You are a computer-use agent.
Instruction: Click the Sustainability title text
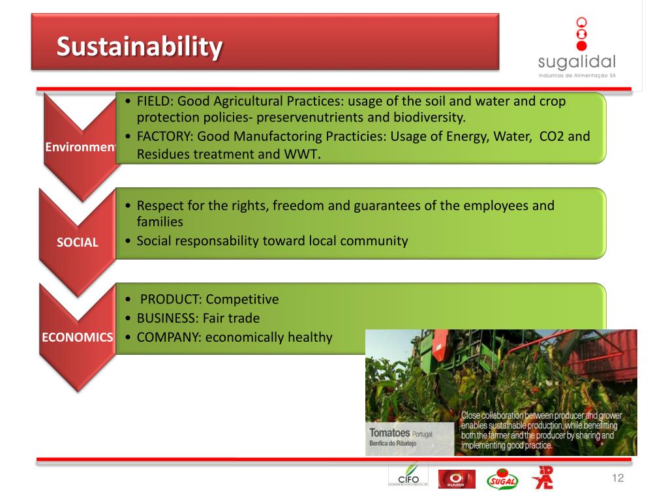click(140, 47)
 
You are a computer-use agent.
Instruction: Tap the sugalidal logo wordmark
click(577, 62)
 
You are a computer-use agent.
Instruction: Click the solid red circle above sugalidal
click(581, 46)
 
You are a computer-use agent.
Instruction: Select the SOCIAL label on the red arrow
click(78, 243)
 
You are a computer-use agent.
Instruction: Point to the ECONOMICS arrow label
click(78, 337)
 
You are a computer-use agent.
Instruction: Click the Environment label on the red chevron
click(80, 147)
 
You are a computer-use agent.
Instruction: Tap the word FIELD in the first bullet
click(155, 101)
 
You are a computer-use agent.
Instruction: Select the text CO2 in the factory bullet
click(552, 136)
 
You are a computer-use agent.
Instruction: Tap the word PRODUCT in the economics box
click(170, 299)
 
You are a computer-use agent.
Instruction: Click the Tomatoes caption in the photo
click(389, 433)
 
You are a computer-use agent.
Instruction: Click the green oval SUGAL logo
click(502, 479)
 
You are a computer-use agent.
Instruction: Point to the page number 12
click(618, 478)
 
